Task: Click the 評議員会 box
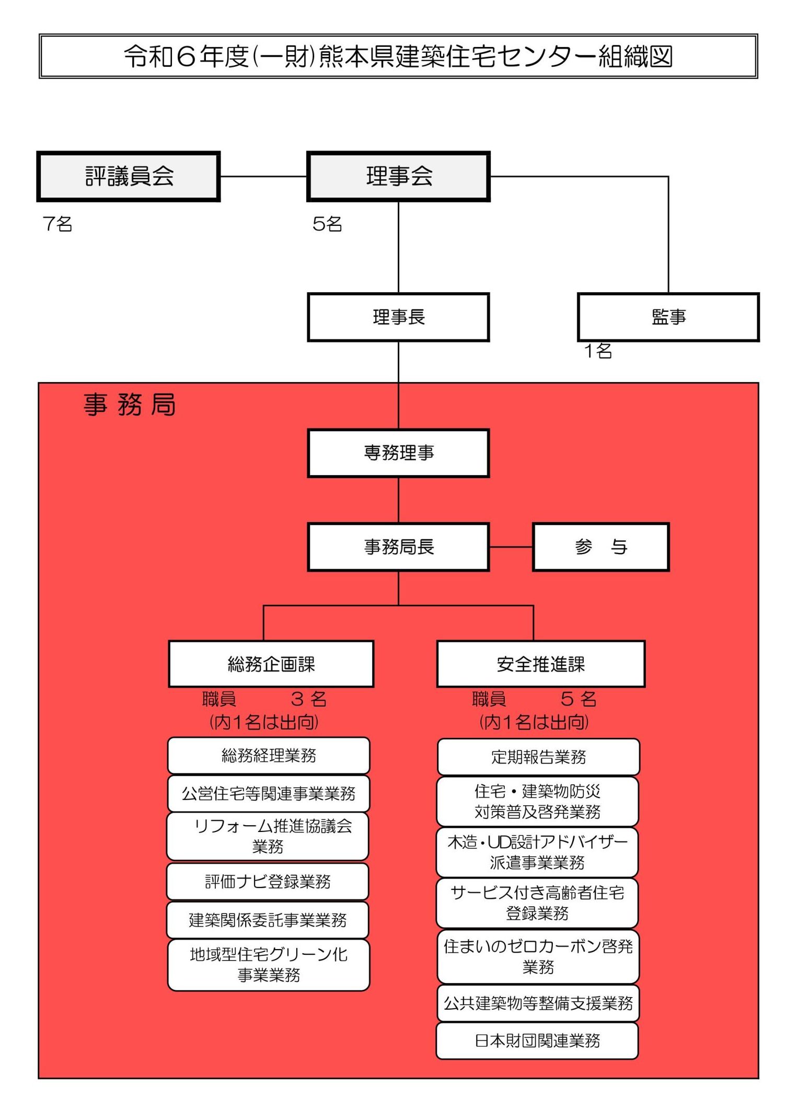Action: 129,176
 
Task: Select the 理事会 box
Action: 398,176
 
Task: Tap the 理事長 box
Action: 398,317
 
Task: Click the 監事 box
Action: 668,317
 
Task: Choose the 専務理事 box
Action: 398,453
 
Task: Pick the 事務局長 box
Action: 398,547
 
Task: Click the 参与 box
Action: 601,547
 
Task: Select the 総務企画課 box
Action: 271,664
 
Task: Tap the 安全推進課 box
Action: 541,664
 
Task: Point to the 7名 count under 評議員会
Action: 57,224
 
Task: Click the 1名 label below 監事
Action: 598,351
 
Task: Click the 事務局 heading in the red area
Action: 130,404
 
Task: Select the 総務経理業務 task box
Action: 269,756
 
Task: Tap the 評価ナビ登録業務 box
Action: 268,882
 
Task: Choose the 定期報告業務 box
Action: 538,757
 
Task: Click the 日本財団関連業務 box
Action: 537,1041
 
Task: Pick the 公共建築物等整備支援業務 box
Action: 538,1003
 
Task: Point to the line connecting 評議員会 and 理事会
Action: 263,177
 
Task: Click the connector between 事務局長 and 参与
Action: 511,547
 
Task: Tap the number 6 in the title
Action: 186,56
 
